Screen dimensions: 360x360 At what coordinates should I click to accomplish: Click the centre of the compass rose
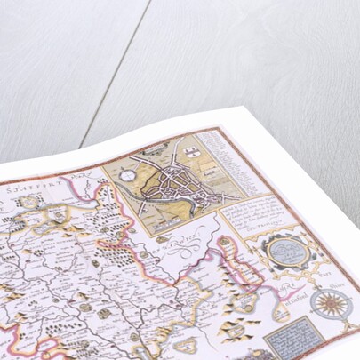(332, 306)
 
